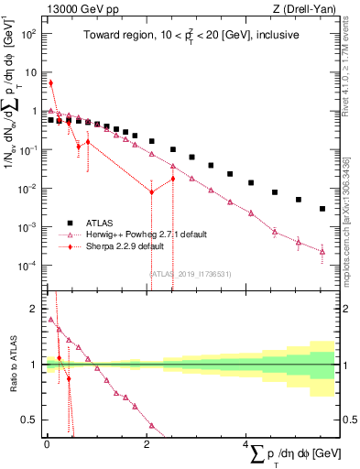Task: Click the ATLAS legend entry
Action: coord(101,223)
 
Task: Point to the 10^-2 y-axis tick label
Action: coord(27,188)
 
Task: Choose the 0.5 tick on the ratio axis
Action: coord(28,420)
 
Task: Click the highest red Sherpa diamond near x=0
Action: coord(50,82)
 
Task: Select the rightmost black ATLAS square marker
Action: coord(322,209)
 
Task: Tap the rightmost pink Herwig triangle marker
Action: coord(322,252)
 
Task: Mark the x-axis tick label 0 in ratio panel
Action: coord(47,444)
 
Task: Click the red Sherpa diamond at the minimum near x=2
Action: coord(152,191)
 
